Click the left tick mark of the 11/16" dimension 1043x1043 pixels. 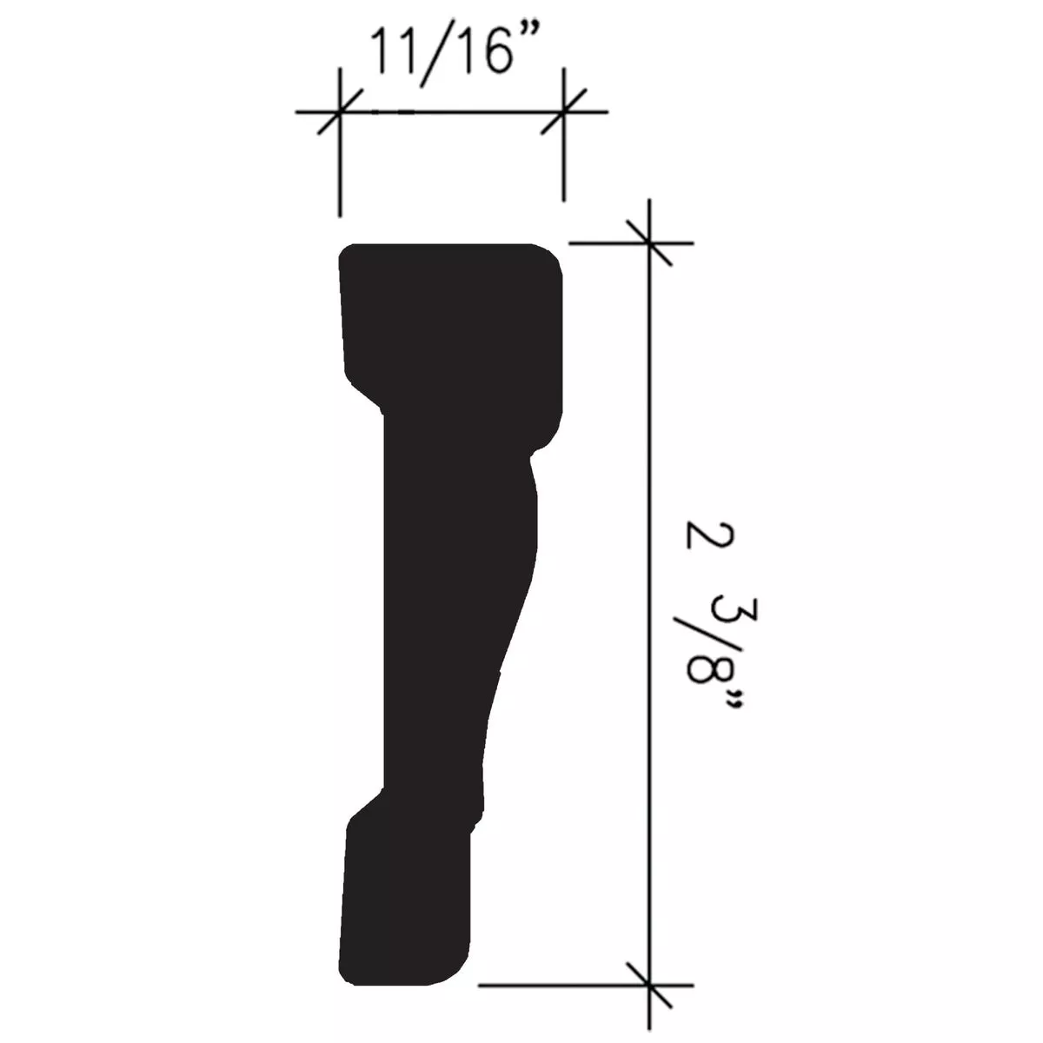point(338,112)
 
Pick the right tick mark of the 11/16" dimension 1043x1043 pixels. point(564,112)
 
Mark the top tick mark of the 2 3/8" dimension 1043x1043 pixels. point(648,242)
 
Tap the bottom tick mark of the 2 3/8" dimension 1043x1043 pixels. point(648,986)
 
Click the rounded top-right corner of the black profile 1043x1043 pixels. point(551,256)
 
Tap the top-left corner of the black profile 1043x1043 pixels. point(345,252)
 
